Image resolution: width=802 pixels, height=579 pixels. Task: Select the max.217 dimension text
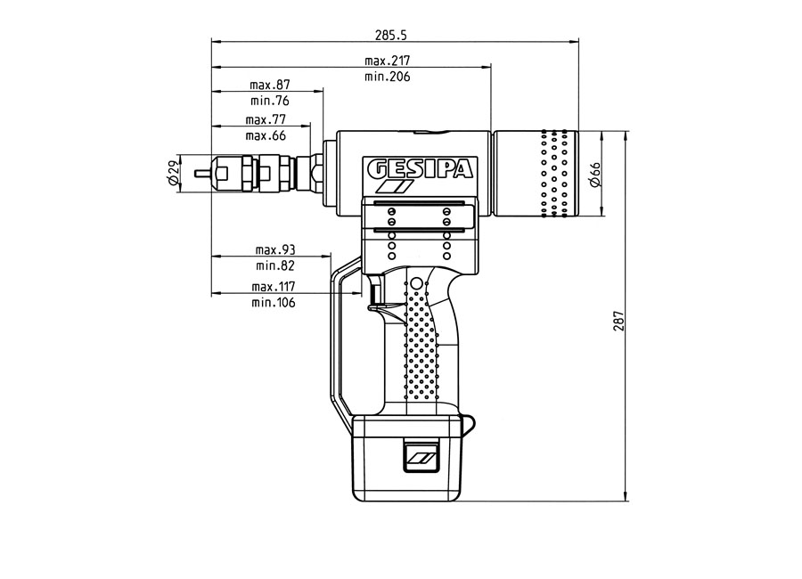click(x=388, y=61)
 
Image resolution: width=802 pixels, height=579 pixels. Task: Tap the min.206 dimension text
click(x=388, y=77)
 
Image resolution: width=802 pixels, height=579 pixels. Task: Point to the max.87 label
click(x=270, y=85)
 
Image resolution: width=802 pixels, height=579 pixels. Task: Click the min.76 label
click(x=270, y=101)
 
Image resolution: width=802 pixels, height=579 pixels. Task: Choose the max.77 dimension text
click(x=266, y=119)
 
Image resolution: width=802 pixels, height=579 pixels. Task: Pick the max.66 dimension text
click(x=266, y=135)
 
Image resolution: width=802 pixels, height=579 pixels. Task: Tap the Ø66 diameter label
click(x=595, y=174)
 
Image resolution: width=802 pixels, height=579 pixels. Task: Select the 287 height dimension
click(x=618, y=317)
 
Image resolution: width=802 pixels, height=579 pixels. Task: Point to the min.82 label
click(x=274, y=265)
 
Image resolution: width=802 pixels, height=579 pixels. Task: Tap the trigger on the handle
click(x=375, y=294)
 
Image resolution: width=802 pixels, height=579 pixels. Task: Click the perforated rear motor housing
click(x=536, y=175)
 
